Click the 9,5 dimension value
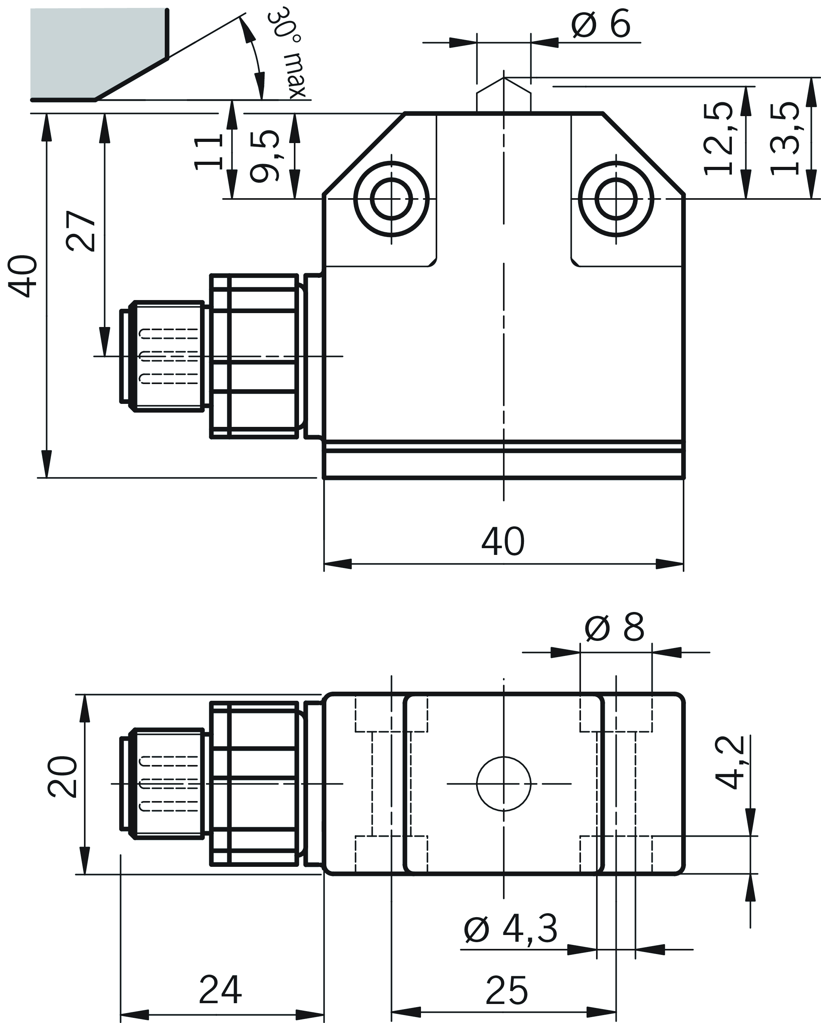point(265,156)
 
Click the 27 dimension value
point(80,231)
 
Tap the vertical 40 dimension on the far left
point(23,276)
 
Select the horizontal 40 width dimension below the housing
point(503,541)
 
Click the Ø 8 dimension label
point(614,627)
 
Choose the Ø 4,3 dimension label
point(511,929)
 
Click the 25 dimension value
point(506,990)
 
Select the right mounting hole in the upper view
point(616,199)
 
